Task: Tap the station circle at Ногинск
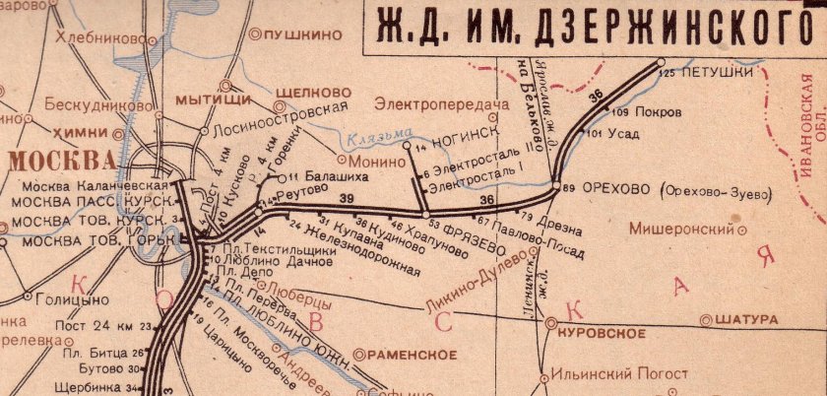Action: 408,147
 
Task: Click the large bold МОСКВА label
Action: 57,160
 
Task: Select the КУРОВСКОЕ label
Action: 602,334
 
